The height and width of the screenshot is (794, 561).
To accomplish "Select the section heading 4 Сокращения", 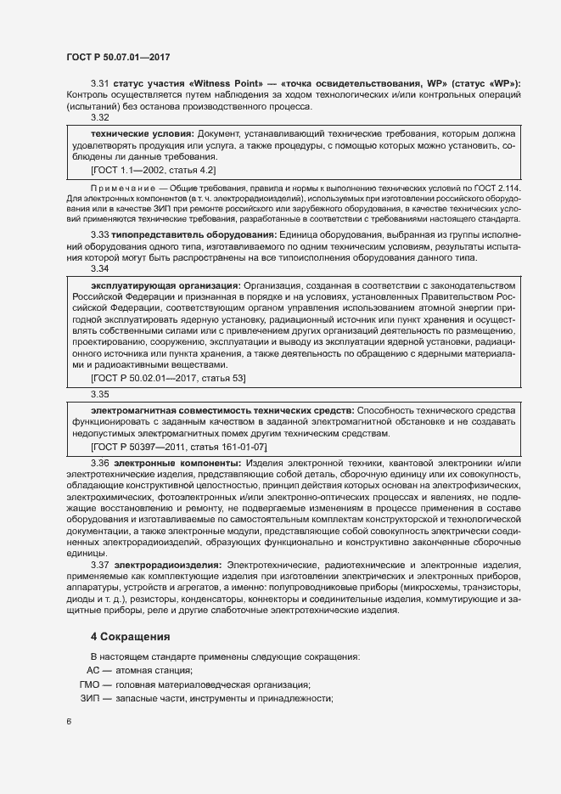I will click(131, 636).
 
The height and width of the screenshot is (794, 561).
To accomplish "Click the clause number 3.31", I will click(99, 82).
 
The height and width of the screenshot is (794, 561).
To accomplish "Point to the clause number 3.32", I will click(99, 118).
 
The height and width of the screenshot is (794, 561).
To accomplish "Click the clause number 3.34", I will click(99, 268).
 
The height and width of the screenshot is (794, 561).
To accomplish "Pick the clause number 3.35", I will click(99, 394).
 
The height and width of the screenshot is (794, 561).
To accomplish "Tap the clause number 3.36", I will click(99, 463).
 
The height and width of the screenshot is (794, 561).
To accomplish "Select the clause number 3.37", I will click(99, 565).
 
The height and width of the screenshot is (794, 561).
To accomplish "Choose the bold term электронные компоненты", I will click(177, 463).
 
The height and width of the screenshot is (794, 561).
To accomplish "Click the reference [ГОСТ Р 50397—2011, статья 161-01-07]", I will click(178, 446).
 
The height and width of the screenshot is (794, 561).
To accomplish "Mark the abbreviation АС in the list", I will click(94, 670).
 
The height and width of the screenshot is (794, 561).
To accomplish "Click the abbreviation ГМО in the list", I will click(90, 684).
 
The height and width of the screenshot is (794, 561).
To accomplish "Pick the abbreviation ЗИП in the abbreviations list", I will click(90, 698).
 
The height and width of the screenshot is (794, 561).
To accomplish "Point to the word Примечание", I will click(122, 186).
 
